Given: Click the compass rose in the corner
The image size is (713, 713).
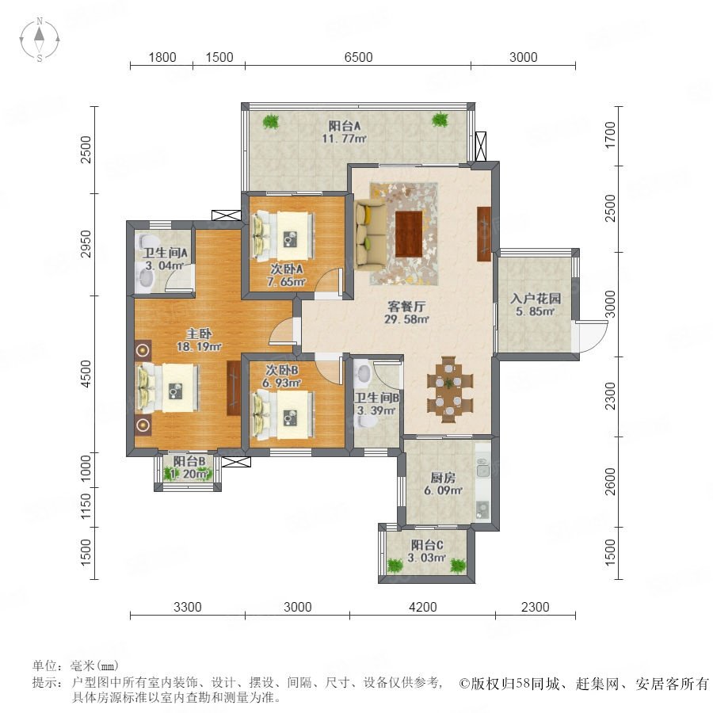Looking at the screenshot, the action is [x=40, y=40].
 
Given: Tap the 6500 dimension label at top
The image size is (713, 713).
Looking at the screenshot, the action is [x=358, y=57].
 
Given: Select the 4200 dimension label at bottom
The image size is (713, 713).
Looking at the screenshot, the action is [x=422, y=607].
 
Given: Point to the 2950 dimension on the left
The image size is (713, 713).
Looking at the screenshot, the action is [x=86, y=244].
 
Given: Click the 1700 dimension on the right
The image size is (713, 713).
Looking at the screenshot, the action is [x=610, y=135].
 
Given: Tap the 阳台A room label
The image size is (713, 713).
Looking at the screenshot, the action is [x=345, y=125].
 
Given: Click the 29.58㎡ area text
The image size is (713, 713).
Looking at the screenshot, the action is [x=406, y=318].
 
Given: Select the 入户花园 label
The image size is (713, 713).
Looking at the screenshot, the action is [x=536, y=299].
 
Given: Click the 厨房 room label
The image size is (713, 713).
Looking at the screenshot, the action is [x=443, y=478].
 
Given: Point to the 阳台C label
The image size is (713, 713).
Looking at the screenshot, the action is [x=427, y=545].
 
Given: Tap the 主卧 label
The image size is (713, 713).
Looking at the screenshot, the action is [x=199, y=334].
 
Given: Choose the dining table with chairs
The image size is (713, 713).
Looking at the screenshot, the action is [x=449, y=389].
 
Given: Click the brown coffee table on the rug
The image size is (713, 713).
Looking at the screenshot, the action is [x=409, y=234].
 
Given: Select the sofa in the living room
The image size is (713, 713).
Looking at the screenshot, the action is [x=371, y=234].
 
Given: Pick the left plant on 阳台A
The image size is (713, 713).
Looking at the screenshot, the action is [x=271, y=121].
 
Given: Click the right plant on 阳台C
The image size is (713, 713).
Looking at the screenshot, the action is [x=458, y=566].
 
